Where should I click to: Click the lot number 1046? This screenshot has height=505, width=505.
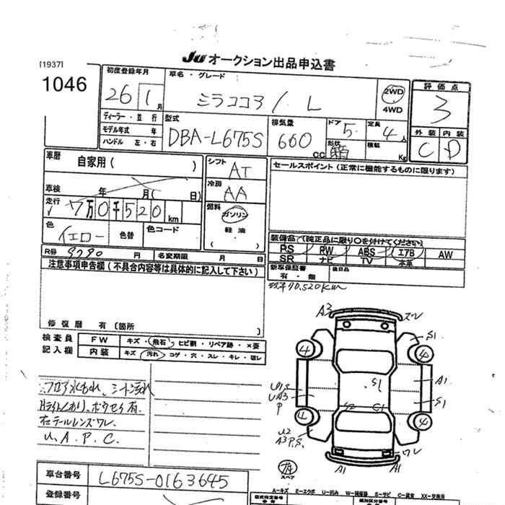(64, 85)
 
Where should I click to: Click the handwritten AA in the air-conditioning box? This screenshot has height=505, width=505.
(234, 193)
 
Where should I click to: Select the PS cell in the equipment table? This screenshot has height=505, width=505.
(286, 247)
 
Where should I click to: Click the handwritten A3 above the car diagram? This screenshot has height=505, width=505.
(325, 310)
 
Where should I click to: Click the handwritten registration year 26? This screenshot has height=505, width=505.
(112, 96)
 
